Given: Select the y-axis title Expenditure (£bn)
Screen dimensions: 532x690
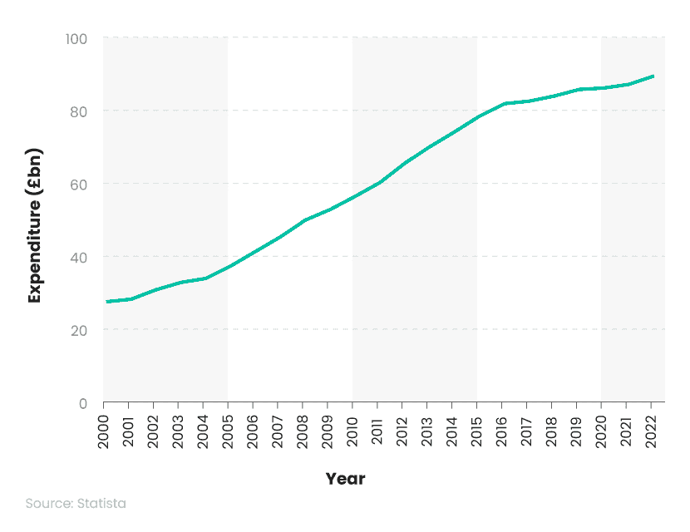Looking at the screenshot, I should coord(35,225).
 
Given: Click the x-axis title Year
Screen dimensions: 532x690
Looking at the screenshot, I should coord(345,479).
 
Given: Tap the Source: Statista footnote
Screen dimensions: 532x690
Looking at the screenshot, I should coord(76,504).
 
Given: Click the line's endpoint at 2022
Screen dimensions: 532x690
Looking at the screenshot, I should coord(653,76).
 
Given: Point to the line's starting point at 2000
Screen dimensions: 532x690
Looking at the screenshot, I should coord(106,302).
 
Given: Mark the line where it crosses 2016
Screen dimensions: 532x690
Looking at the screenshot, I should coord(504,104).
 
